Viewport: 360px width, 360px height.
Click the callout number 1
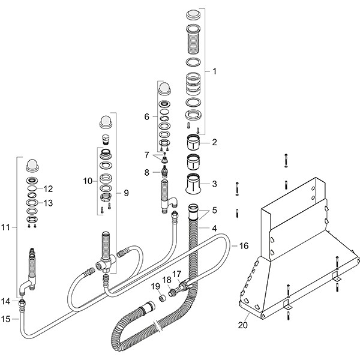coord(214,71)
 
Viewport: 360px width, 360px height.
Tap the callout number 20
coord(243,325)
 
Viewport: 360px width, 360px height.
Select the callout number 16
coord(244,245)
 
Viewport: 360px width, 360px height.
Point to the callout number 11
coord(5,227)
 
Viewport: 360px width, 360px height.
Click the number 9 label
coord(126,193)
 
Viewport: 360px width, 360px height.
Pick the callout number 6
coord(147,116)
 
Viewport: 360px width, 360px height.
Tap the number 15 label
coord(6,319)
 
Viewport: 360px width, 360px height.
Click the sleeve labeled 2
coord(193,142)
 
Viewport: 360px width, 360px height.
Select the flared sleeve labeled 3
coord(193,184)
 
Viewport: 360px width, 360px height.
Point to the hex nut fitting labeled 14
coord(22,304)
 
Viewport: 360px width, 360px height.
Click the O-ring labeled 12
coord(32,189)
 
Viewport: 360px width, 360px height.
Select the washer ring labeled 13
coord(32,203)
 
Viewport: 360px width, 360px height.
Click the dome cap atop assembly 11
coord(32,166)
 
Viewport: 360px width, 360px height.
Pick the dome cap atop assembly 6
coord(164,89)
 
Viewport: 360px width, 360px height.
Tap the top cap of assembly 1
coord(194,14)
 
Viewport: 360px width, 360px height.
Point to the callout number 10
coord(88,181)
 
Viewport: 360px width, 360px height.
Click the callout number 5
coord(214,210)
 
